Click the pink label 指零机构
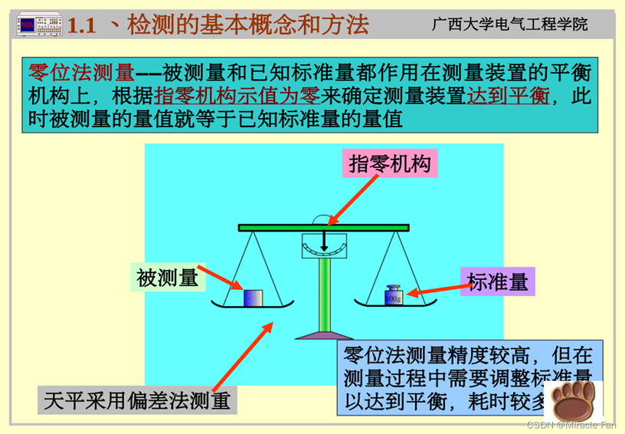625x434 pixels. pos(390,164)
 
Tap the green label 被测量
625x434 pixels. pos(168,277)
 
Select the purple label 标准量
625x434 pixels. pos(498,281)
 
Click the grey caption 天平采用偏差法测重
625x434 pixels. pos(137,399)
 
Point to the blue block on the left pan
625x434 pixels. pos(254,297)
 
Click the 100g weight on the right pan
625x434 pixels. pos(393,294)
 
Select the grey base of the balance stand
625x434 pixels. pos(326,334)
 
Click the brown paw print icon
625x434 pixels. pos(576,398)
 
